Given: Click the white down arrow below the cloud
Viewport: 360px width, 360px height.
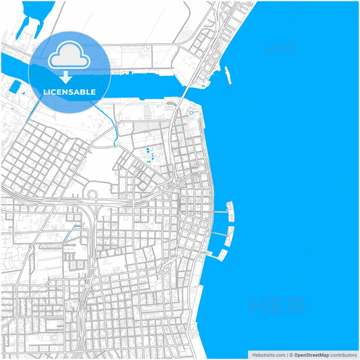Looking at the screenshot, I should point(66,76).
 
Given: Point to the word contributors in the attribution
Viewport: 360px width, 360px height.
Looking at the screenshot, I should point(344,354).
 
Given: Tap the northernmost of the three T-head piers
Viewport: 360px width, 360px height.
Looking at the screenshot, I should point(230,211).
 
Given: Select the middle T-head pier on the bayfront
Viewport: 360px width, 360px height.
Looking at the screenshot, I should point(230,235).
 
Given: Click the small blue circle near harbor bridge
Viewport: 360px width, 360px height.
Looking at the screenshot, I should point(191,113).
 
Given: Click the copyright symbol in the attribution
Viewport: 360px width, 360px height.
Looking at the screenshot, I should point(291,354).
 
